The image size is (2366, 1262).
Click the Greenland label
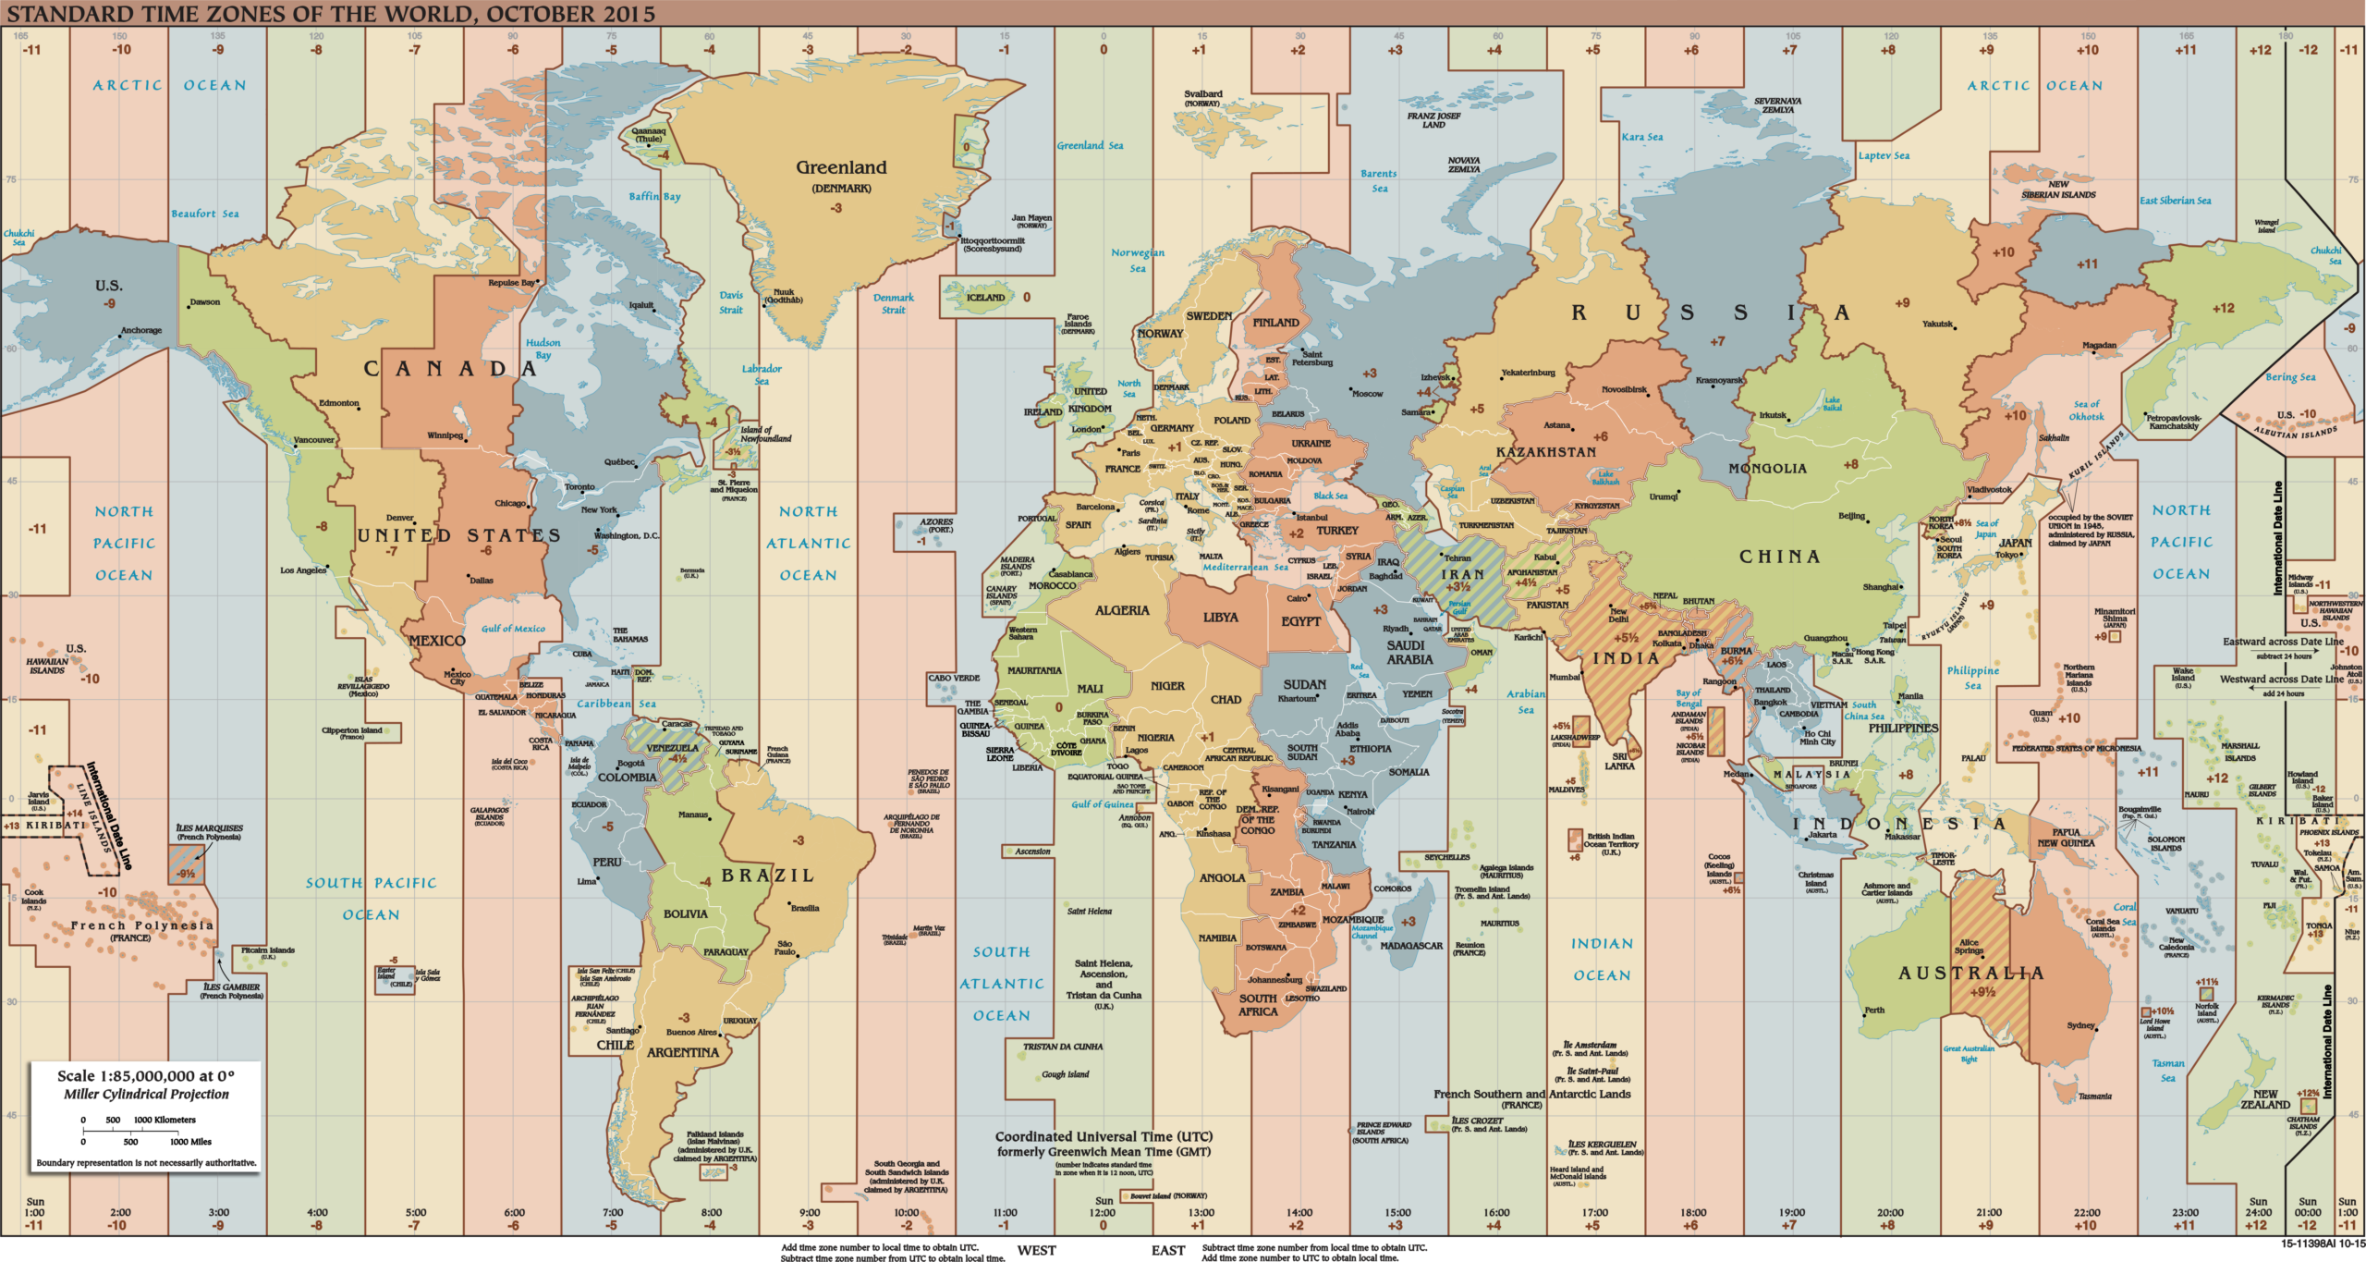pos(841,168)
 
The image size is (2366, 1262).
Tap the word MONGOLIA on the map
pos(1767,469)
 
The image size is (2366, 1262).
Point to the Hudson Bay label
pos(543,349)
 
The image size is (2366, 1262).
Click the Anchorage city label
pos(141,330)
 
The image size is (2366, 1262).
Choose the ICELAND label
pos(985,298)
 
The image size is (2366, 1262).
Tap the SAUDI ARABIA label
pos(1409,653)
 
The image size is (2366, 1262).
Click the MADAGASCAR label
pos(1411,946)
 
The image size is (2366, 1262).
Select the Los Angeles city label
pos(303,570)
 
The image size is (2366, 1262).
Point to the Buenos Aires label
pos(691,1032)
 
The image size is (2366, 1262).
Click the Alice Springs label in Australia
pos(1969,947)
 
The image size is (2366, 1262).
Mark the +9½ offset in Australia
pos(1982,992)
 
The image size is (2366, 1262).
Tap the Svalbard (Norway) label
pos(1202,98)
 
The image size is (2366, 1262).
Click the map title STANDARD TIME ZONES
pos(331,14)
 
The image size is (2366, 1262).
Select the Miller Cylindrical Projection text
pos(146,1094)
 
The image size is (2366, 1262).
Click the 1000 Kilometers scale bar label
pos(165,1120)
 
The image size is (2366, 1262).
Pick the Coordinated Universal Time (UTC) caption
pos(1104,1136)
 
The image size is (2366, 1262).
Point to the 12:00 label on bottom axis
pos(1103,1212)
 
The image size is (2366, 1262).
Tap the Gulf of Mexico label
pos(513,629)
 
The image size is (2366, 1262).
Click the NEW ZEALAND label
pos(2264,1099)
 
